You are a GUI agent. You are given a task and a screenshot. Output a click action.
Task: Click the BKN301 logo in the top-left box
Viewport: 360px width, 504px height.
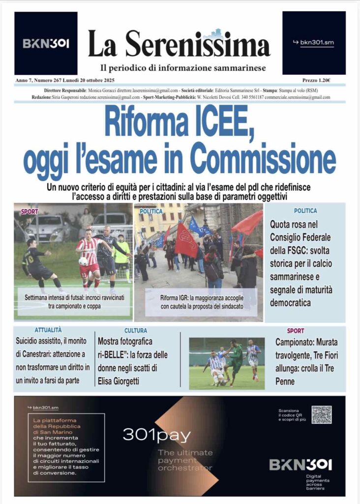[x=46, y=43]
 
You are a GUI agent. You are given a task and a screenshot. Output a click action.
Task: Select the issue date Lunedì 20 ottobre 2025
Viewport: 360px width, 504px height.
[x=90, y=80]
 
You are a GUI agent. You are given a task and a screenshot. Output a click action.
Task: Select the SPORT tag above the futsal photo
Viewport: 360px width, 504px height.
[x=30, y=212]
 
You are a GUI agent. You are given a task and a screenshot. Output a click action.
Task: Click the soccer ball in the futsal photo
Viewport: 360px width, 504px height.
[x=84, y=261]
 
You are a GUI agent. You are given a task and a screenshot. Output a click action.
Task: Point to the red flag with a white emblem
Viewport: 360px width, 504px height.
[x=186, y=241]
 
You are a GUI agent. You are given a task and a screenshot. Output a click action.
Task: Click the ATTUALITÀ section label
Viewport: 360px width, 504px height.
[x=48, y=330]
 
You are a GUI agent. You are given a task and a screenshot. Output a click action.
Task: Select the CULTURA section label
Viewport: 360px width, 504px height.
[x=136, y=331]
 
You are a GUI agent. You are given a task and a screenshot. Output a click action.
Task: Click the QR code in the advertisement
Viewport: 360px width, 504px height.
[x=322, y=414]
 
